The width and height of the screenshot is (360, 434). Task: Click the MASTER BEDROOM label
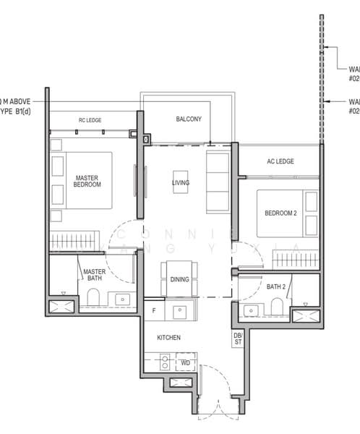coord(87,181)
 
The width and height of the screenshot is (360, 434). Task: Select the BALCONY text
coord(188,119)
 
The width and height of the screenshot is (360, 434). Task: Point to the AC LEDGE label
coord(280,161)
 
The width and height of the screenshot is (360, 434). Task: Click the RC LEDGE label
coord(93,120)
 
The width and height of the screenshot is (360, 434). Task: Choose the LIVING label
coord(181,183)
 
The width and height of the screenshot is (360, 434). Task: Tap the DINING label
coord(179,279)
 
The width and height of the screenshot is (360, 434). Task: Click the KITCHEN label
coord(168,338)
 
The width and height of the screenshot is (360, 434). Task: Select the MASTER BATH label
coord(94,276)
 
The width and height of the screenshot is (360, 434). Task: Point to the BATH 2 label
coord(275,287)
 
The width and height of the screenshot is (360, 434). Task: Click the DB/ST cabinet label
coord(237,339)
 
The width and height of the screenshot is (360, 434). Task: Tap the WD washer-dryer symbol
coord(185,362)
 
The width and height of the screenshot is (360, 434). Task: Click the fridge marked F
coord(153,311)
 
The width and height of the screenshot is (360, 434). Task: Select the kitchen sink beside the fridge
coord(181,312)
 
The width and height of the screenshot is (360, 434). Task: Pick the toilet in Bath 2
coord(276,307)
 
